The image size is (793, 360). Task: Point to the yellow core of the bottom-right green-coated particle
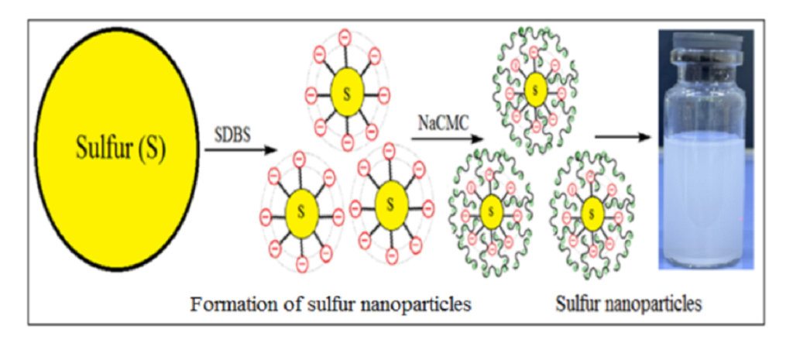click(592, 209)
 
